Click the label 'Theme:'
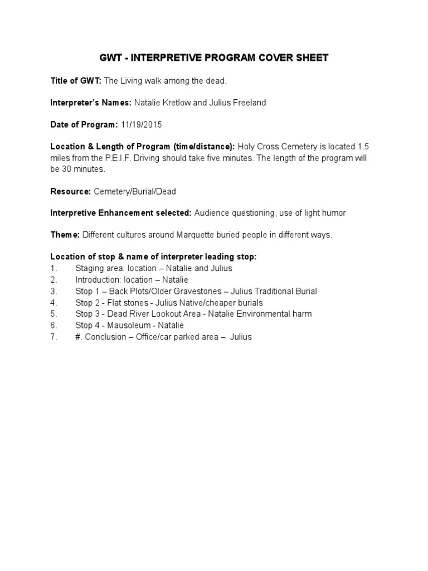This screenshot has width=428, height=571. [x=65, y=235]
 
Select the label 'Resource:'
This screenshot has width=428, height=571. [x=71, y=191]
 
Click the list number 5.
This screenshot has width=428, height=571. [x=53, y=314]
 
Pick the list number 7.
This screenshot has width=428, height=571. [x=53, y=337]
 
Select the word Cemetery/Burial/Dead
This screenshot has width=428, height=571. [x=135, y=191]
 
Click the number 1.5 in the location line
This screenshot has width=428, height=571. [x=362, y=147]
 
